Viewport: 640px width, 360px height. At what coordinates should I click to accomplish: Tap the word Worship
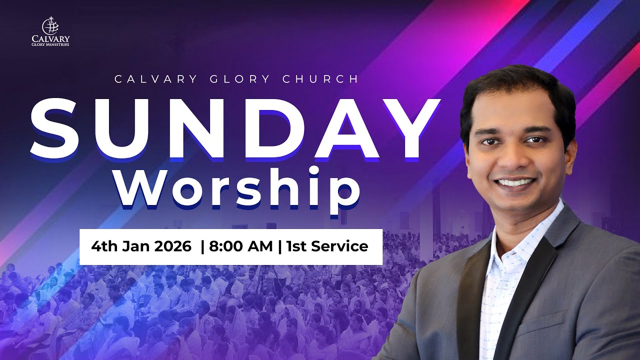tap(237, 187)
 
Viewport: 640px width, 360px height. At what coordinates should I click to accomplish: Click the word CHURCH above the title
tap(320, 79)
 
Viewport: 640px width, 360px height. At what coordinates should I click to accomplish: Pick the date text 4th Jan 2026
tap(141, 246)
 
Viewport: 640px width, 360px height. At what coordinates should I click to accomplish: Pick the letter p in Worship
tap(345, 192)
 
